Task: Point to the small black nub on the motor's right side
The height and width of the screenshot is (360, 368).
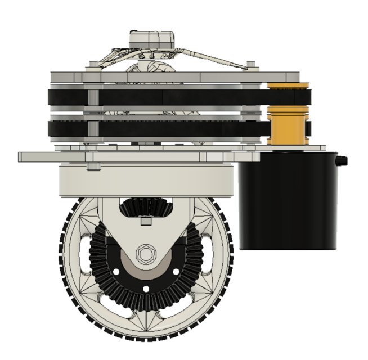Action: coord(342,161)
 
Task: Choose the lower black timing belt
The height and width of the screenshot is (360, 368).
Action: coord(169,129)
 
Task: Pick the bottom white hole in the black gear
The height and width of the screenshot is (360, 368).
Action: coord(146,289)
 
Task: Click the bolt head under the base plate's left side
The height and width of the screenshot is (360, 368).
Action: coord(93,166)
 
